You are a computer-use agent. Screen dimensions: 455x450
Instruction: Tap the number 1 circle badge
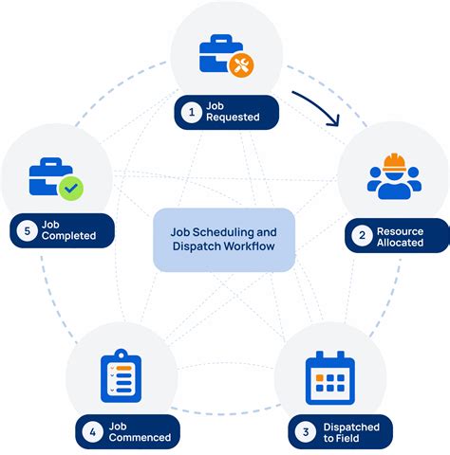point(192,112)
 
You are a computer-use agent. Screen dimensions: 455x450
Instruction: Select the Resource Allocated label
point(399,235)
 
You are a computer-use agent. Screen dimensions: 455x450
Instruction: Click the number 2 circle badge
point(362,235)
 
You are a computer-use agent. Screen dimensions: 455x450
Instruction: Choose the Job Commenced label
point(139,432)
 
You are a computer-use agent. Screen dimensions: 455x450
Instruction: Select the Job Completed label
point(68,230)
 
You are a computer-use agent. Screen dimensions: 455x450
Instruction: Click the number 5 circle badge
point(26,230)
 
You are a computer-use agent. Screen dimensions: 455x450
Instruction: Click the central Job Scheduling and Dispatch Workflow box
point(224,240)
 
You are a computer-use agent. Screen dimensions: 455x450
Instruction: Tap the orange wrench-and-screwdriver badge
point(242,64)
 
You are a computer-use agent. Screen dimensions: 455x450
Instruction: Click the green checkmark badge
point(70,188)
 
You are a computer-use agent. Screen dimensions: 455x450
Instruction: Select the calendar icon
point(329,379)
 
